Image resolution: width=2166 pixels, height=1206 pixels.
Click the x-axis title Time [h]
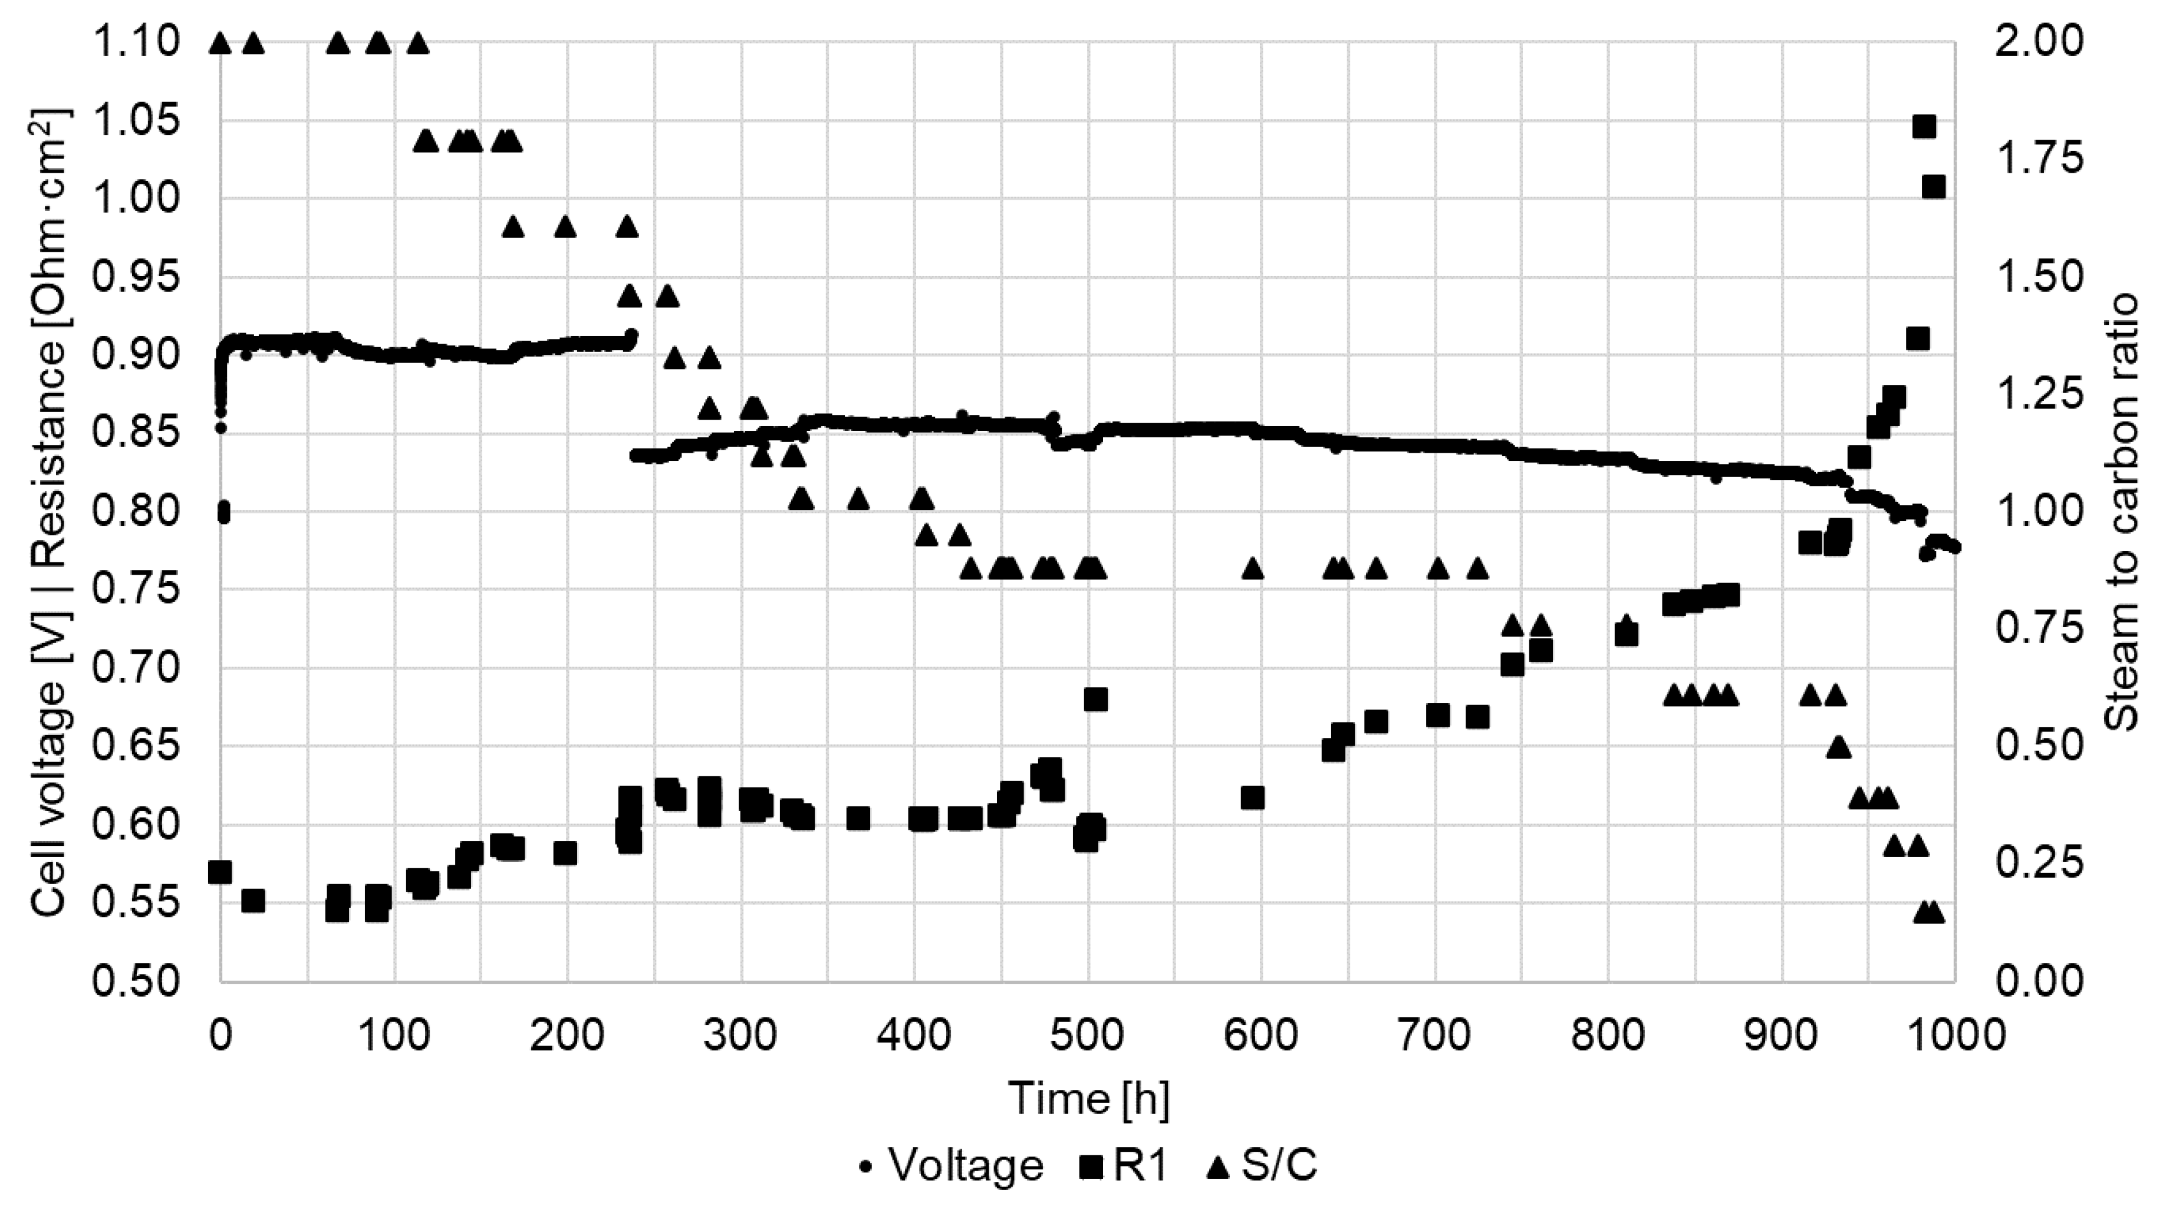[x=1088, y=1098]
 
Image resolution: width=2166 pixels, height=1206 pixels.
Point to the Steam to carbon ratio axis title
[x=2122, y=513]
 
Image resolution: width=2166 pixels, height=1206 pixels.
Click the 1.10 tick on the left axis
[x=136, y=42]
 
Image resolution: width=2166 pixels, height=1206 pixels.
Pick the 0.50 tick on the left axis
[x=136, y=981]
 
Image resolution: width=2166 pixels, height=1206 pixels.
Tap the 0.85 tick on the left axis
[x=136, y=434]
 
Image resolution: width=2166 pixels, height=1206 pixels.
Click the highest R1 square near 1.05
[x=1924, y=127]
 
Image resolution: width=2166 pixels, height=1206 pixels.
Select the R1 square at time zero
[x=220, y=872]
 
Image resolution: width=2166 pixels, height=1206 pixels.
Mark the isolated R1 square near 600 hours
[x=1253, y=798]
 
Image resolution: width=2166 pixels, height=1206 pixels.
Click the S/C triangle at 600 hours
[x=1253, y=569]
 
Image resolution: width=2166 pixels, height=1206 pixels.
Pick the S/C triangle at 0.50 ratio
[x=1839, y=746]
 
